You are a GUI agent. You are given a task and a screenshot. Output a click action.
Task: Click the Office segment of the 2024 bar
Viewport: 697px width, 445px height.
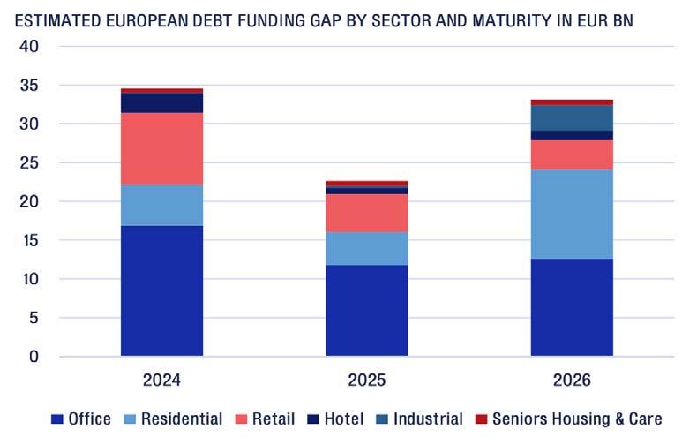[161, 290]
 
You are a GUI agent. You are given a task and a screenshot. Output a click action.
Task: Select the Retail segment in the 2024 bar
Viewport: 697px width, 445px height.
[161, 148]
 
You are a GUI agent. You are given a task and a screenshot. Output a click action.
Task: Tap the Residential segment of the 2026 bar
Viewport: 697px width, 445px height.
[572, 214]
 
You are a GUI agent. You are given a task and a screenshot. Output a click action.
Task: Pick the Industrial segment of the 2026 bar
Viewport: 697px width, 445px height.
[572, 117]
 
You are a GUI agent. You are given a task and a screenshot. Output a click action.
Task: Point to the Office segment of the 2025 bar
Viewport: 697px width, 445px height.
[367, 310]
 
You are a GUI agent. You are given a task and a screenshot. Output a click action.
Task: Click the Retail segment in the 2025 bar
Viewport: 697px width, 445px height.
[367, 213]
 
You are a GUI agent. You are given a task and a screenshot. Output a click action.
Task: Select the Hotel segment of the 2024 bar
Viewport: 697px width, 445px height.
[161, 102]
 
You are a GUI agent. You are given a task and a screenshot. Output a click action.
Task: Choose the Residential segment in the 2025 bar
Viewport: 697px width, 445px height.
[367, 248]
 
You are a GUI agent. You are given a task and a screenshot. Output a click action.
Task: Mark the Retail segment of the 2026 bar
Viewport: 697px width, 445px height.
[572, 154]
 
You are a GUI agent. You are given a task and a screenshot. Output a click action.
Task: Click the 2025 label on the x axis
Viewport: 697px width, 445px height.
[367, 381]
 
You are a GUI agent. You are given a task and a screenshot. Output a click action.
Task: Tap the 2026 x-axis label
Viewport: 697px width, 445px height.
[572, 381]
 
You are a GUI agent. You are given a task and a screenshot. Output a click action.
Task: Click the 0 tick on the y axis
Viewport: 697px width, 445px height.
[34, 357]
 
